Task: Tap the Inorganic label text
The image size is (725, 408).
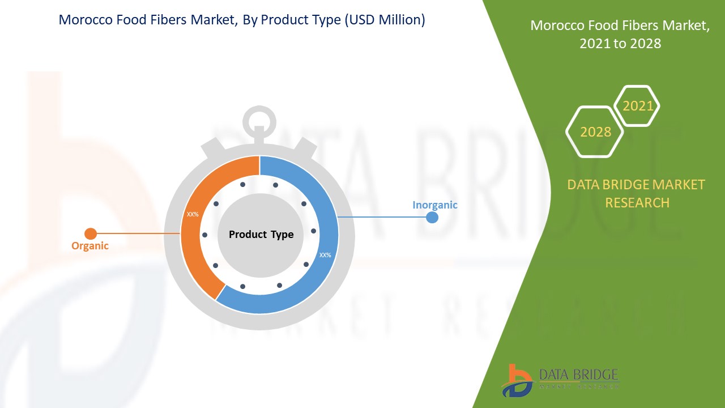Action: click(x=434, y=205)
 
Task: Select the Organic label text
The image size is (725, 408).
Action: click(x=89, y=246)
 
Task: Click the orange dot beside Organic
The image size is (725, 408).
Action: click(x=91, y=233)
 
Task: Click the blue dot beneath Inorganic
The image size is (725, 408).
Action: click(x=432, y=217)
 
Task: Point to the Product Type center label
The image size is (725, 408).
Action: click(x=261, y=235)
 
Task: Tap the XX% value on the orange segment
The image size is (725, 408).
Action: click(x=193, y=215)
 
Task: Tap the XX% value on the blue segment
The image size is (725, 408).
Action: click(x=325, y=255)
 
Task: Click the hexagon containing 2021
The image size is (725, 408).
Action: click(x=637, y=106)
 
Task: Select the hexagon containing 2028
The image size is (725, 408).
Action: click(x=595, y=131)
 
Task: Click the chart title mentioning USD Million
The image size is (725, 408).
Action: click(x=242, y=20)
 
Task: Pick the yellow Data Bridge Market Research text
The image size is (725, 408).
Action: click(x=637, y=193)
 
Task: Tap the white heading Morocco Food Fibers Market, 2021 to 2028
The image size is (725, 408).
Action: click(x=620, y=34)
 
